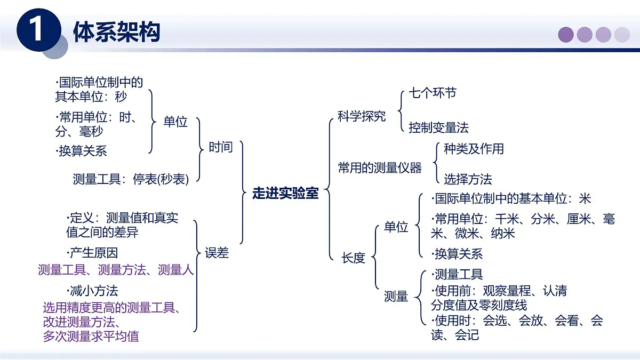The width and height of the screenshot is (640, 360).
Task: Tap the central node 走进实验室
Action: pos(285,194)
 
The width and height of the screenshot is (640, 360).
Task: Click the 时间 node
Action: pos(220,147)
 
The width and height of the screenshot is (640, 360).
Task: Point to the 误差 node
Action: pos(217,253)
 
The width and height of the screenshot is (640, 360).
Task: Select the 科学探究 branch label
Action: pos(362,116)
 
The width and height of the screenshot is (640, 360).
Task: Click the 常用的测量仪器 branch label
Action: pos(380,168)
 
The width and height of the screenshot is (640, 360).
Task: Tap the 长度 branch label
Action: pos(354,258)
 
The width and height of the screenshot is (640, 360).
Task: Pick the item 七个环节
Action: pos(433,93)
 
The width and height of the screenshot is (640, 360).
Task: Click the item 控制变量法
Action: pos(439,127)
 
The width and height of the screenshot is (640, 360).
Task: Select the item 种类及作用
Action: pos(474,149)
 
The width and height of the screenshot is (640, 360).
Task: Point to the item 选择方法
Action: pos(468,179)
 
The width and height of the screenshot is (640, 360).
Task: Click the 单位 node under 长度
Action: pos(396,227)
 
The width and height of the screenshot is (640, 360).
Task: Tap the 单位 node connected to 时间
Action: pos(175,122)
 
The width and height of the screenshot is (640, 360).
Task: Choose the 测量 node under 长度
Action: pos(396,297)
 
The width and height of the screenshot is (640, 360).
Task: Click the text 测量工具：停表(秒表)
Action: pos(131,179)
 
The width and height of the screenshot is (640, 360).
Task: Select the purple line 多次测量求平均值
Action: pos(91,336)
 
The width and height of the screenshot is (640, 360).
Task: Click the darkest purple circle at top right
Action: pos(566,35)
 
